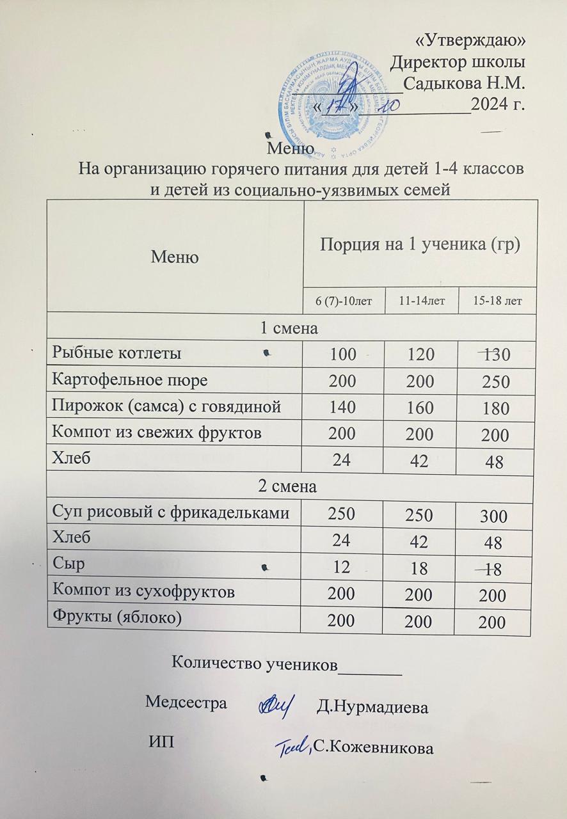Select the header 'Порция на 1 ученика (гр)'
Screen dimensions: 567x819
tap(419, 244)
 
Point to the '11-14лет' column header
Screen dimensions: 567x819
tap(422, 300)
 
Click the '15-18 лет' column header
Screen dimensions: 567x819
tap(496, 300)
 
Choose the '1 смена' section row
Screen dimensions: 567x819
tap(288, 328)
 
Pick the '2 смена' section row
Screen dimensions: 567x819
tap(288, 486)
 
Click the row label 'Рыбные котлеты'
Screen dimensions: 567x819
tap(116, 353)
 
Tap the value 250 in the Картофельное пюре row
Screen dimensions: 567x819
tap(497, 382)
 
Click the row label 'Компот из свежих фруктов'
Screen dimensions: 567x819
tap(157, 433)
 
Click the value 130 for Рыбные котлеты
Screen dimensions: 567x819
tap(497, 354)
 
